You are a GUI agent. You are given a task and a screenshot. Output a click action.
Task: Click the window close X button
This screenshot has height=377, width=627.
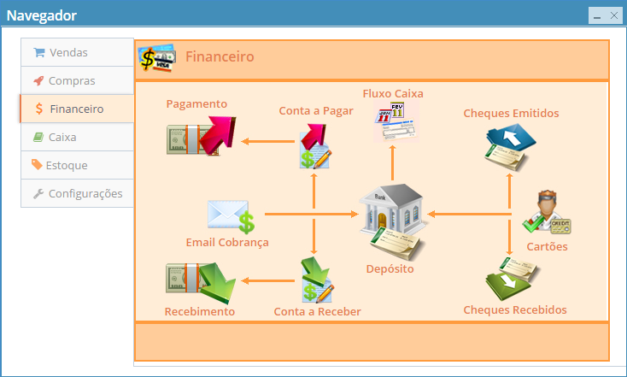613,15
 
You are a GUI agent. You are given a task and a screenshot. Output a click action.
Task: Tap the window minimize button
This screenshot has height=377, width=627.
596,15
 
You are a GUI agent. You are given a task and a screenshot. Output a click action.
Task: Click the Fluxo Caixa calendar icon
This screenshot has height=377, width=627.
392,121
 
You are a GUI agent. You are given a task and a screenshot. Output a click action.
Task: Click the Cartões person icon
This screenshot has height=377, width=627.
547,213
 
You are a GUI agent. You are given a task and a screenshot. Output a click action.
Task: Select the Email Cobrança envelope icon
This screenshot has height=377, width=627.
231,216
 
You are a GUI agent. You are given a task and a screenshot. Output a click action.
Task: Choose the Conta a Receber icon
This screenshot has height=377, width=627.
316,280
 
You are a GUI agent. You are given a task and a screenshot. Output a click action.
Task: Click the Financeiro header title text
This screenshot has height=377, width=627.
220,57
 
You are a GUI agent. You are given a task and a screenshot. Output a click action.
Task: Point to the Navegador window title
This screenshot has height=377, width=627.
42,15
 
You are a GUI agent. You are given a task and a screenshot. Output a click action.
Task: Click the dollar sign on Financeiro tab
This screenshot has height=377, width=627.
39,109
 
